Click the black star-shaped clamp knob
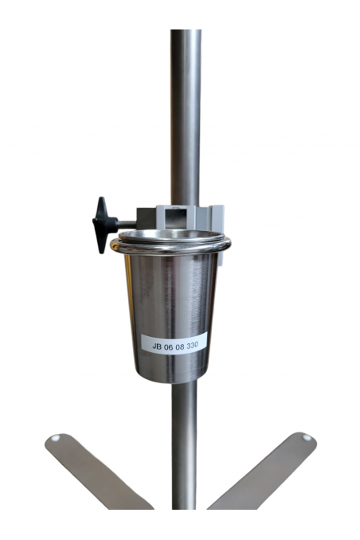coord(101,224)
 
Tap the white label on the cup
coord(174,342)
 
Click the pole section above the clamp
coord(186,119)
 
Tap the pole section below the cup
coord(186,446)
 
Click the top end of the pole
coord(186,33)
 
